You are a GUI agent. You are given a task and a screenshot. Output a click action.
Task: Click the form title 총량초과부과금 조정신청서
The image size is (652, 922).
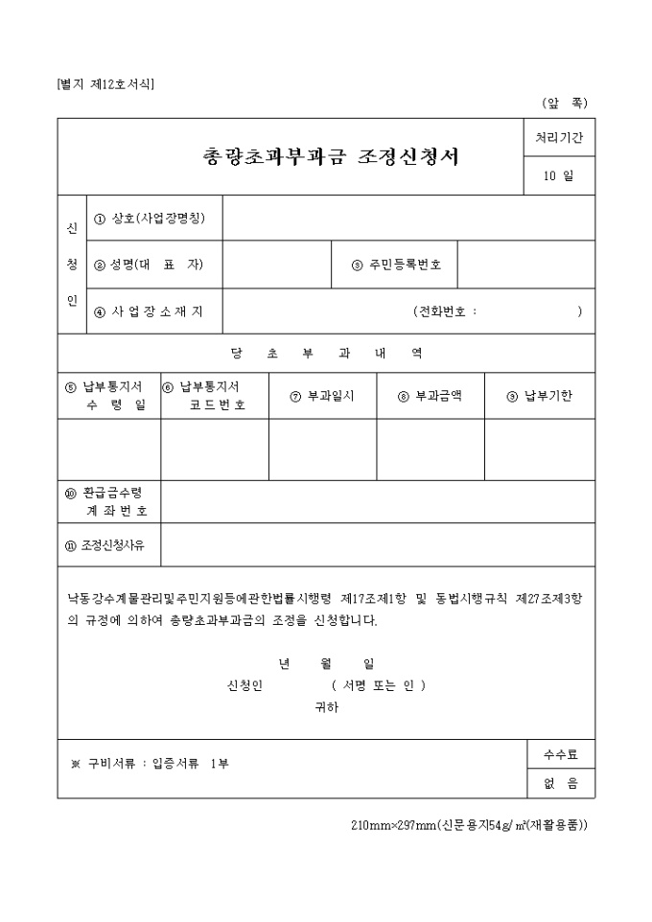[x=331, y=156]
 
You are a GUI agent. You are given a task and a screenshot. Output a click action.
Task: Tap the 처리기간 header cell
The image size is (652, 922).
[x=559, y=138]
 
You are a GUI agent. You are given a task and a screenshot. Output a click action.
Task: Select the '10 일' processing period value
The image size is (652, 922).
[x=559, y=175]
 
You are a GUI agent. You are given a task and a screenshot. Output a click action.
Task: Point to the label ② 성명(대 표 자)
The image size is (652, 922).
[x=150, y=265]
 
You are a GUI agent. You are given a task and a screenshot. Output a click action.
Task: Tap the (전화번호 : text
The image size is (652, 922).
[x=446, y=311]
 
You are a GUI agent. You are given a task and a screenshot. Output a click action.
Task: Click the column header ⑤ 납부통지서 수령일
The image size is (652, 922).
[x=109, y=396]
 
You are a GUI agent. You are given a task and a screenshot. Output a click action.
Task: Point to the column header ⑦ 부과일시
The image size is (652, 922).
[x=322, y=396]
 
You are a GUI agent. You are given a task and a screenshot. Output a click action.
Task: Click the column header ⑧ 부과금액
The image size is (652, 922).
[x=430, y=396]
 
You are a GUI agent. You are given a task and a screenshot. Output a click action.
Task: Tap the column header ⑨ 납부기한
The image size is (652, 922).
[x=540, y=396]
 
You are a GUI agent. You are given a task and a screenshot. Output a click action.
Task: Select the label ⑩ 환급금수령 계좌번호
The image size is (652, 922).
[x=109, y=501]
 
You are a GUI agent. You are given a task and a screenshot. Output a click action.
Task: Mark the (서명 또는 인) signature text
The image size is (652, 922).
[x=379, y=685]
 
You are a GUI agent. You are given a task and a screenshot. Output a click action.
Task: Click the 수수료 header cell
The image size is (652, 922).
[x=560, y=754]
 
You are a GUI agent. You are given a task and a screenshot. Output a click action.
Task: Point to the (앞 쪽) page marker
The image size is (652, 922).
[x=565, y=103]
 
